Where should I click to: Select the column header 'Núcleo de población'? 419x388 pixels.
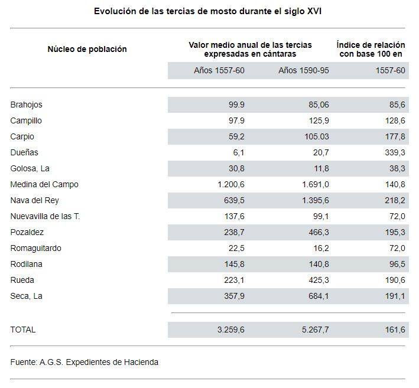point(87,49)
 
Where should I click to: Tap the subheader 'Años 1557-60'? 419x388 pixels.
point(219,70)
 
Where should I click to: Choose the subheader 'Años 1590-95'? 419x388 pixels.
point(304,70)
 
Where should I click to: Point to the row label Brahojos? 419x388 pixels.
point(26,105)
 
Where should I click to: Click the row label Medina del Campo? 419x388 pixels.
point(44,184)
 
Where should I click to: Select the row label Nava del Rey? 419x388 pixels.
point(34,201)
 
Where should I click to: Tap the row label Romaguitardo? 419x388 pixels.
point(36,249)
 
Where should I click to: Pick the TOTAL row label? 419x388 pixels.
point(23,330)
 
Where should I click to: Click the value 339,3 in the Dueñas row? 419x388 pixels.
point(395,152)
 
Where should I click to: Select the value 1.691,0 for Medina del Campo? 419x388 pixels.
point(316,184)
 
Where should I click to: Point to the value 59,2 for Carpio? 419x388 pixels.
point(236,137)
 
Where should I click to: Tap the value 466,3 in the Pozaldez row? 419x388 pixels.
point(319,232)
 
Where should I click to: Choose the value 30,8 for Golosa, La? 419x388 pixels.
point(236,168)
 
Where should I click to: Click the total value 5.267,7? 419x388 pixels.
point(316,330)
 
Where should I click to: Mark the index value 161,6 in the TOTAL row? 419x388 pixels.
point(395,330)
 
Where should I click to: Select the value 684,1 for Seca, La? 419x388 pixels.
point(319,296)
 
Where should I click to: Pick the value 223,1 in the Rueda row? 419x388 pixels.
point(235,280)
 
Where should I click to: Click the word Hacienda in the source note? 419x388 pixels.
point(141,363)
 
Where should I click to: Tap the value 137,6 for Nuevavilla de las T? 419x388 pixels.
point(235,216)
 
